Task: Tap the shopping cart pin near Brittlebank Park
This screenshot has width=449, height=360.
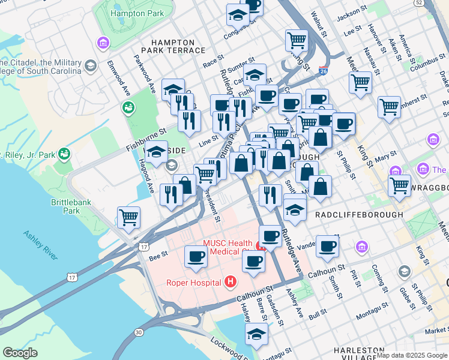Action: (129, 217)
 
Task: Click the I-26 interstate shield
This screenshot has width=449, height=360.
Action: (323, 71)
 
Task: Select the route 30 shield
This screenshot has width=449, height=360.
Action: (139, 332)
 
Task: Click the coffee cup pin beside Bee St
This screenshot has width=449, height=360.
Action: (196, 257)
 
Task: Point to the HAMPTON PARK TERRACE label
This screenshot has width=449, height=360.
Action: (173, 47)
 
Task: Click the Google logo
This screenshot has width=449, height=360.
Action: (20, 353)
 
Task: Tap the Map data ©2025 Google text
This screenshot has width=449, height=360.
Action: (412, 355)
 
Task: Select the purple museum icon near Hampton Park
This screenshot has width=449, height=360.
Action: (102, 43)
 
